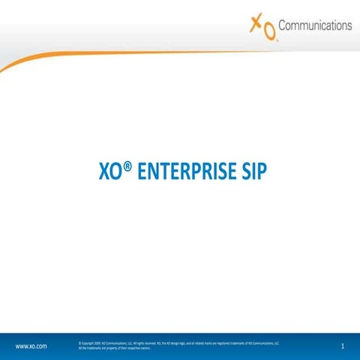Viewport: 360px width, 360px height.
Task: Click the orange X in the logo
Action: [256, 25]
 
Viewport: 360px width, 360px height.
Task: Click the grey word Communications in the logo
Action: [315, 25]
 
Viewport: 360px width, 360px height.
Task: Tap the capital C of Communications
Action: [283, 25]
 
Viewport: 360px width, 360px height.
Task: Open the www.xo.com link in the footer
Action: [31, 346]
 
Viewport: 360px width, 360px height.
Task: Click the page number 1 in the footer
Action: [342, 346]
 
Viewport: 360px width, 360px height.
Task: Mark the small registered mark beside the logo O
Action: [277, 39]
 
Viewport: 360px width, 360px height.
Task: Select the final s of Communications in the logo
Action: [349, 25]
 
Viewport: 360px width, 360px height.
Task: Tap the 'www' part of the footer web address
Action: [22, 346]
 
